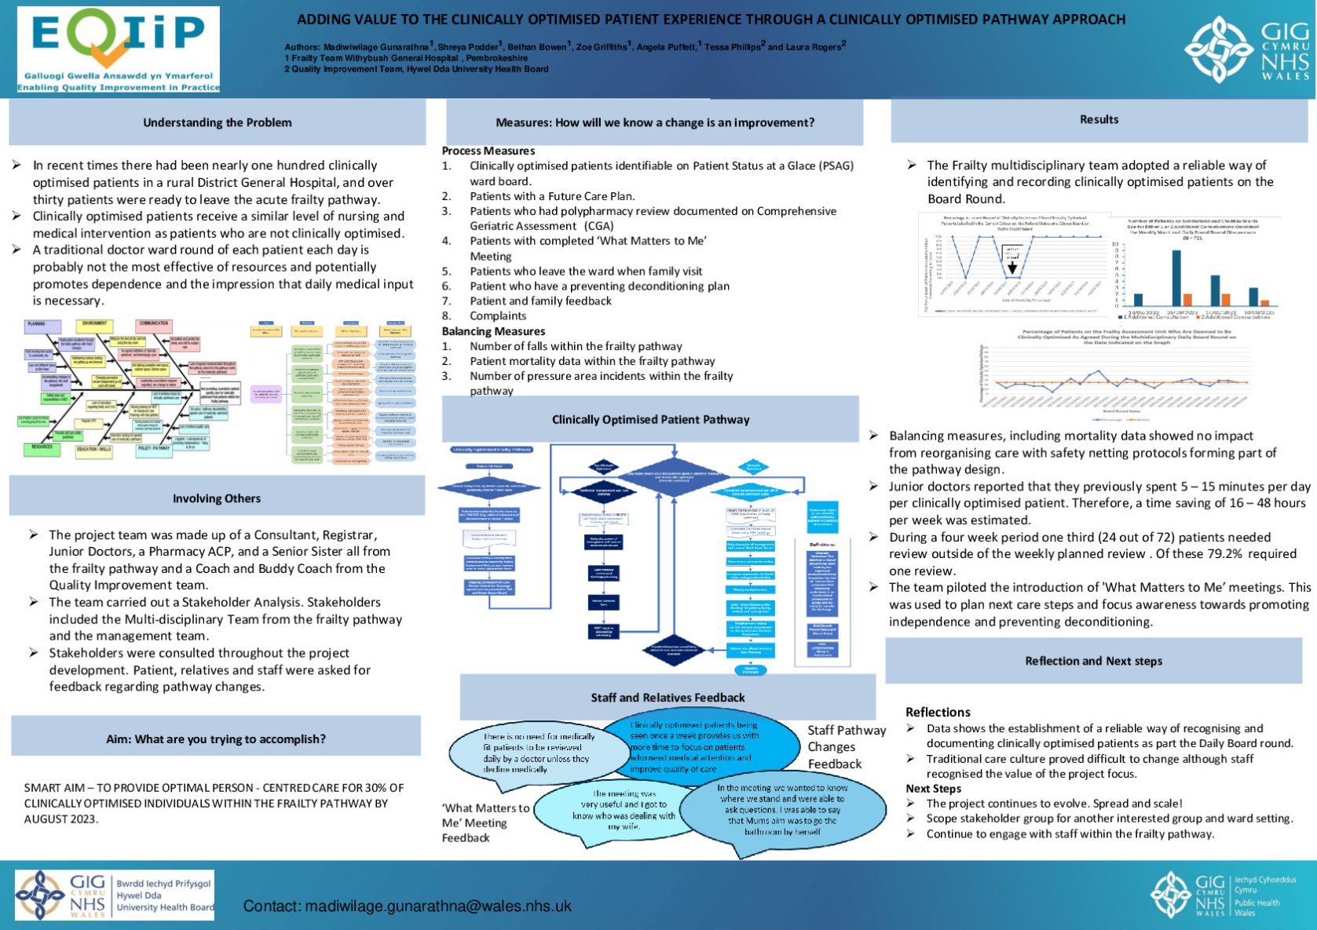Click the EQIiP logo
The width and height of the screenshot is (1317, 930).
(x=118, y=49)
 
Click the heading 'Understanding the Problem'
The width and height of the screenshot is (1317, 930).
(x=217, y=122)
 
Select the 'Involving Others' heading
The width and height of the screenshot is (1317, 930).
(x=217, y=498)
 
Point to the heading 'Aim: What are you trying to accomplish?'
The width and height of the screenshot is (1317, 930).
(x=216, y=739)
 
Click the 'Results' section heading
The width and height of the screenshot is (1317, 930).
(x=1099, y=119)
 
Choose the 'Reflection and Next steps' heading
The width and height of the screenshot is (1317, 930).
(x=1093, y=661)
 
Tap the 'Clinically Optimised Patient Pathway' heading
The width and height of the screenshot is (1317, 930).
(x=650, y=420)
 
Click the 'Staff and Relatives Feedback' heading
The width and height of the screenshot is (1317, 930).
(x=668, y=698)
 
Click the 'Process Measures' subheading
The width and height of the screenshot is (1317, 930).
(x=488, y=151)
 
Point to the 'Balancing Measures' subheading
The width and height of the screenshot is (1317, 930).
(x=493, y=331)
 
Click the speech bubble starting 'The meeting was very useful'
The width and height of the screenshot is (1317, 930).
(x=623, y=811)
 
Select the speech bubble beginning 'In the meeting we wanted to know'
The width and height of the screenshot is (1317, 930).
(x=781, y=810)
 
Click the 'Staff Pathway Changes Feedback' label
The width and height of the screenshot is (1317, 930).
(x=846, y=747)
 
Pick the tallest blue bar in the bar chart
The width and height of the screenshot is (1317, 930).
(x=1176, y=277)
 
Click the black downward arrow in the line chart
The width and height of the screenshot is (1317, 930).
(x=1012, y=268)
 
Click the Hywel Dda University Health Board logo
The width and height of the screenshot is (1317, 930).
(x=115, y=895)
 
